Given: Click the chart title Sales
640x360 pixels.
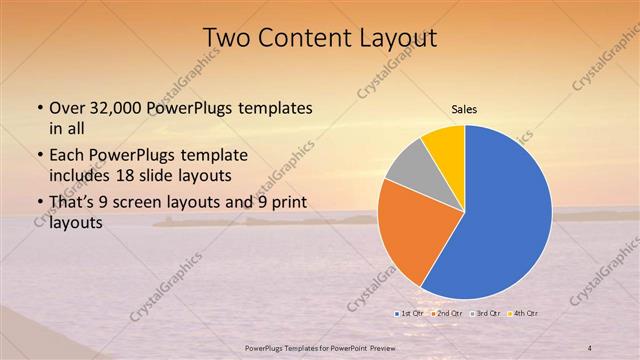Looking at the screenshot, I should coord(465,108).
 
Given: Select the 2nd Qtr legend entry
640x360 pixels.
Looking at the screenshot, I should coord(451,314).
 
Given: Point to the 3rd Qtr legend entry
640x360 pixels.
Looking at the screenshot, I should coord(486,314).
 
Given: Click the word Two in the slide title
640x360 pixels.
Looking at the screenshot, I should coord(224,38).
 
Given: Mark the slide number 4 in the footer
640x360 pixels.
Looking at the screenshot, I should coord(590,347).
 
